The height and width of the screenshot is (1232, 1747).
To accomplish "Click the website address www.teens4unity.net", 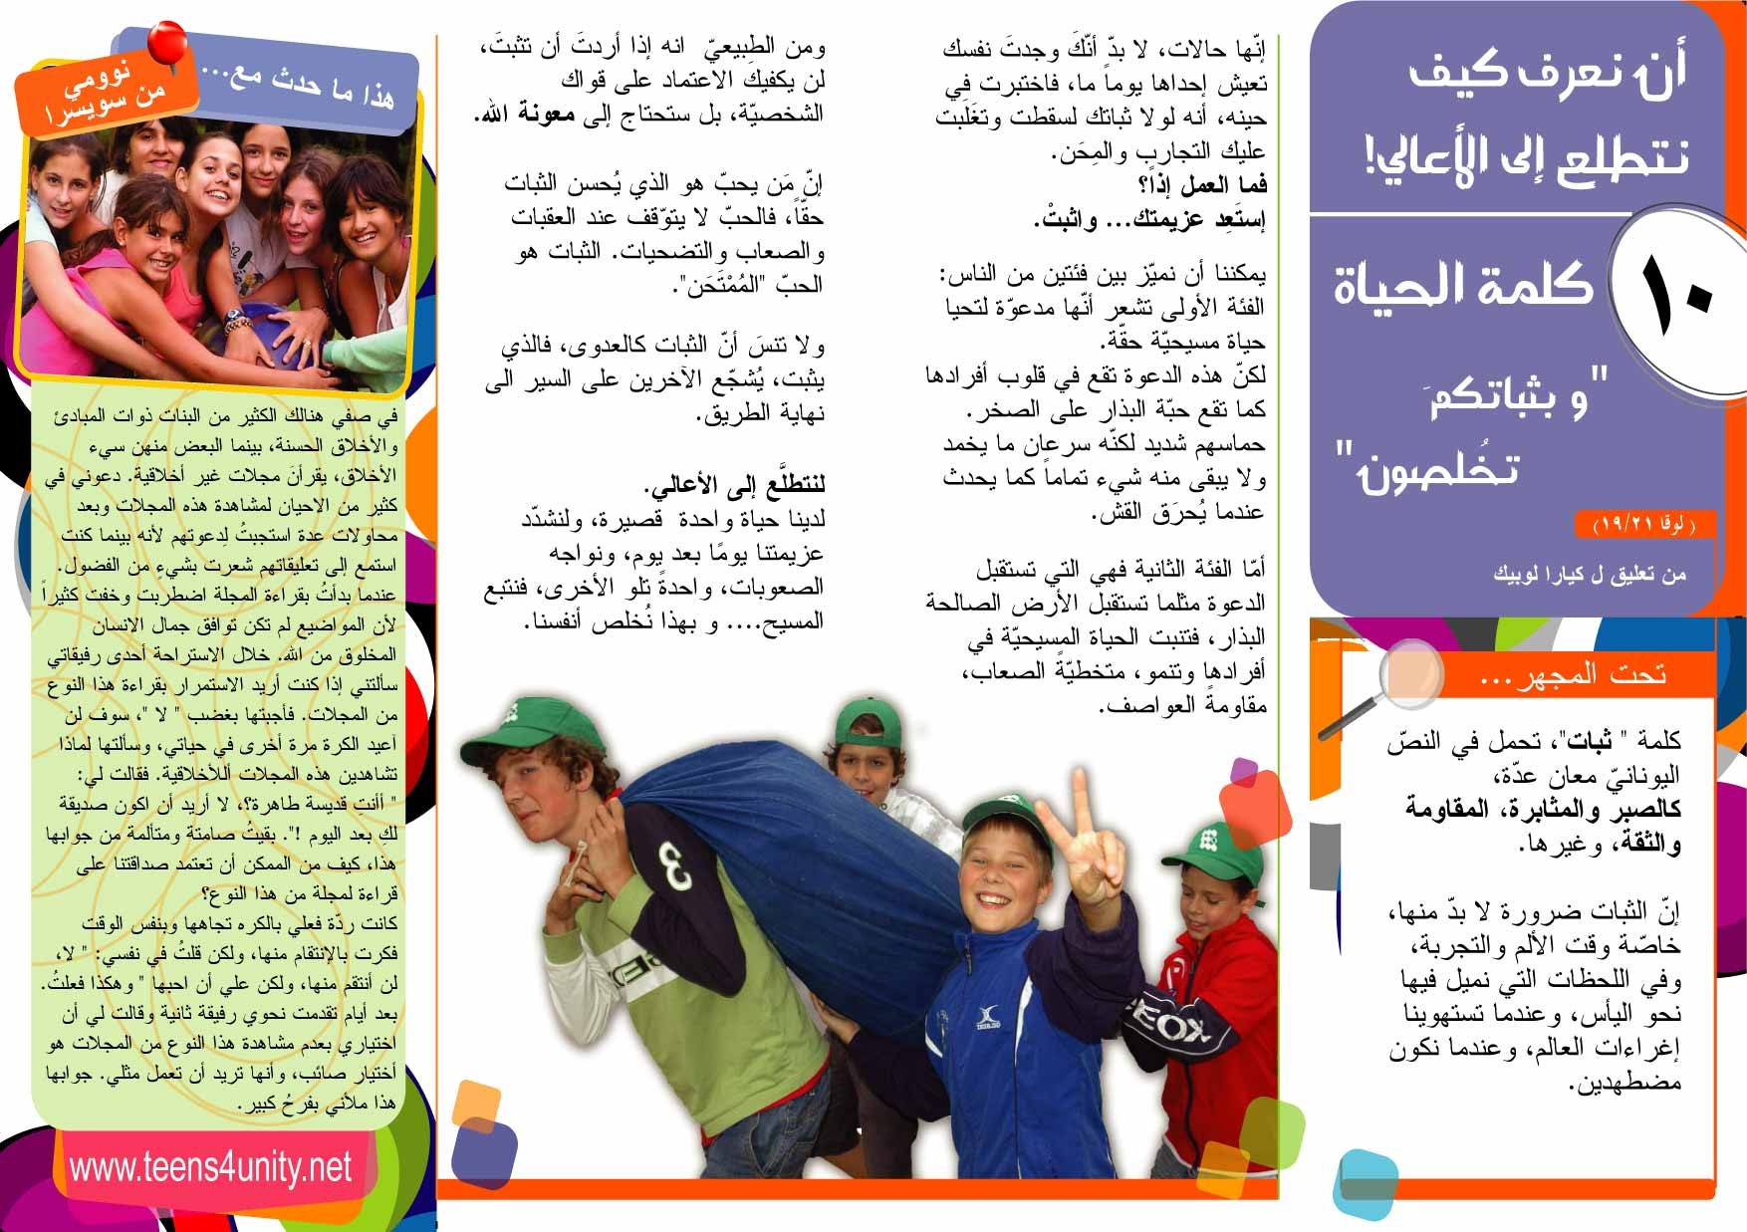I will pyautogui.click(x=210, y=1166).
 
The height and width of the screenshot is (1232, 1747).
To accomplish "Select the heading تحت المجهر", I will pyautogui.click(x=1574, y=674).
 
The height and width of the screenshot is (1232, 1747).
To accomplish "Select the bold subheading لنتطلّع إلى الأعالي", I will pyautogui.click(x=736, y=485).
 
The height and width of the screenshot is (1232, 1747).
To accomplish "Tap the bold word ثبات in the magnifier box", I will pyautogui.click(x=1590, y=741).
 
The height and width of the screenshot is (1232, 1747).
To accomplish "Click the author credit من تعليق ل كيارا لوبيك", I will pyautogui.click(x=1590, y=574).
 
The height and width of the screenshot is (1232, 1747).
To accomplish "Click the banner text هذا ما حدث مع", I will pyautogui.click(x=299, y=85).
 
